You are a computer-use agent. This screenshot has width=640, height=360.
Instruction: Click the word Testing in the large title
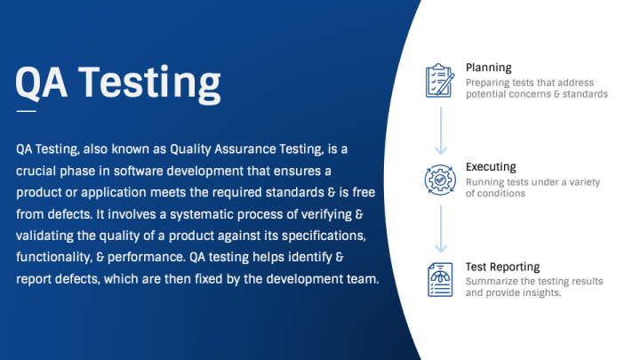pyautogui.click(x=149, y=84)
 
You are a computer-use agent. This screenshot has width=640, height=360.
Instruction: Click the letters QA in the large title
pyautogui.click(x=41, y=83)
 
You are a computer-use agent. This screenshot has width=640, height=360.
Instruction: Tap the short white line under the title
pyautogui.click(x=26, y=111)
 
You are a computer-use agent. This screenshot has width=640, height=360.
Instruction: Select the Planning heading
pyautogui.click(x=489, y=68)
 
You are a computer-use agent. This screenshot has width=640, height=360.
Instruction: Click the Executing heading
pyautogui.click(x=491, y=167)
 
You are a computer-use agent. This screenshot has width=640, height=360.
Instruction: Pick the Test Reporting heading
pyautogui.click(x=503, y=267)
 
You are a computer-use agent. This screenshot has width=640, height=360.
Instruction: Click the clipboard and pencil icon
pyautogui.click(x=440, y=80)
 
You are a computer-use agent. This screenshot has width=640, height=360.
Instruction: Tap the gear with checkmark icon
pyautogui.click(x=440, y=180)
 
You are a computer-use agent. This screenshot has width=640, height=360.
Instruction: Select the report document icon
pyautogui.click(x=440, y=280)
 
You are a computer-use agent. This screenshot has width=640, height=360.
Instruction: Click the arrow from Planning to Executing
pyautogui.click(x=441, y=131)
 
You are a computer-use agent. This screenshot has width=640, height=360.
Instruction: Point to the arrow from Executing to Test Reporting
pyautogui.click(x=441, y=229)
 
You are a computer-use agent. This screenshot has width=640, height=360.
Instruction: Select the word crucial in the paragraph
pyautogui.click(x=35, y=171)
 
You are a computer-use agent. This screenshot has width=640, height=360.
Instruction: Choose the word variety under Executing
pyautogui.click(x=585, y=182)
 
